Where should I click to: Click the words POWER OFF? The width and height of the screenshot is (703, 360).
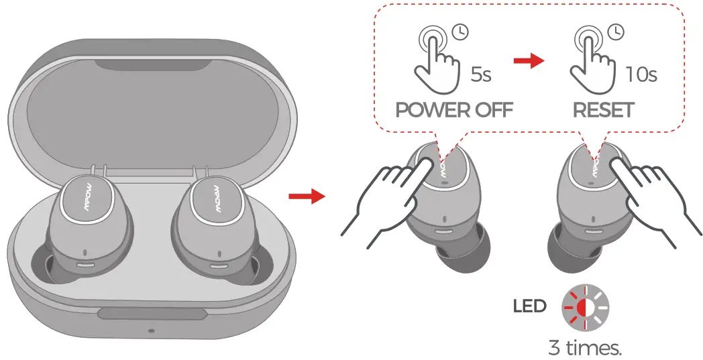pyautogui.click(x=453, y=110)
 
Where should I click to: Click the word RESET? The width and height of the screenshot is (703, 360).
pyautogui.click(x=603, y=110)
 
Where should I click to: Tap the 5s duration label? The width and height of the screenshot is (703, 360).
pyautogui.click(x=480, y=74)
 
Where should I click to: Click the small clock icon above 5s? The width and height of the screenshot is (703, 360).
pyautogui.click(x=462, y=31)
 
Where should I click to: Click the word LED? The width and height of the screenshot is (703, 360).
pyautogui.click(x=529, y=307)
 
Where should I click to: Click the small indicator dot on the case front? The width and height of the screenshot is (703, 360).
pyautogui.click(x=151, y=331)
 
